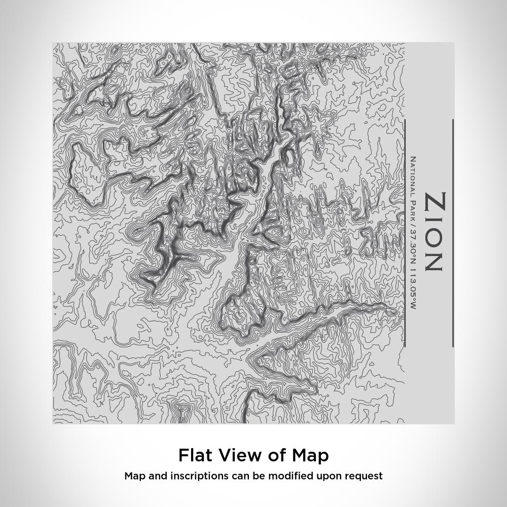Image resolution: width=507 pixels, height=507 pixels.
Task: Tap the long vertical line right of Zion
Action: pyautogui.click(x=452, y=233)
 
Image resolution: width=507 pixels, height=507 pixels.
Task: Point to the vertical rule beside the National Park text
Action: pyautogui.click(x=405, y=233)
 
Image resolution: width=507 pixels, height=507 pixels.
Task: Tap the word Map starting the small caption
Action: pyautogui.click(x=134, y=476)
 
